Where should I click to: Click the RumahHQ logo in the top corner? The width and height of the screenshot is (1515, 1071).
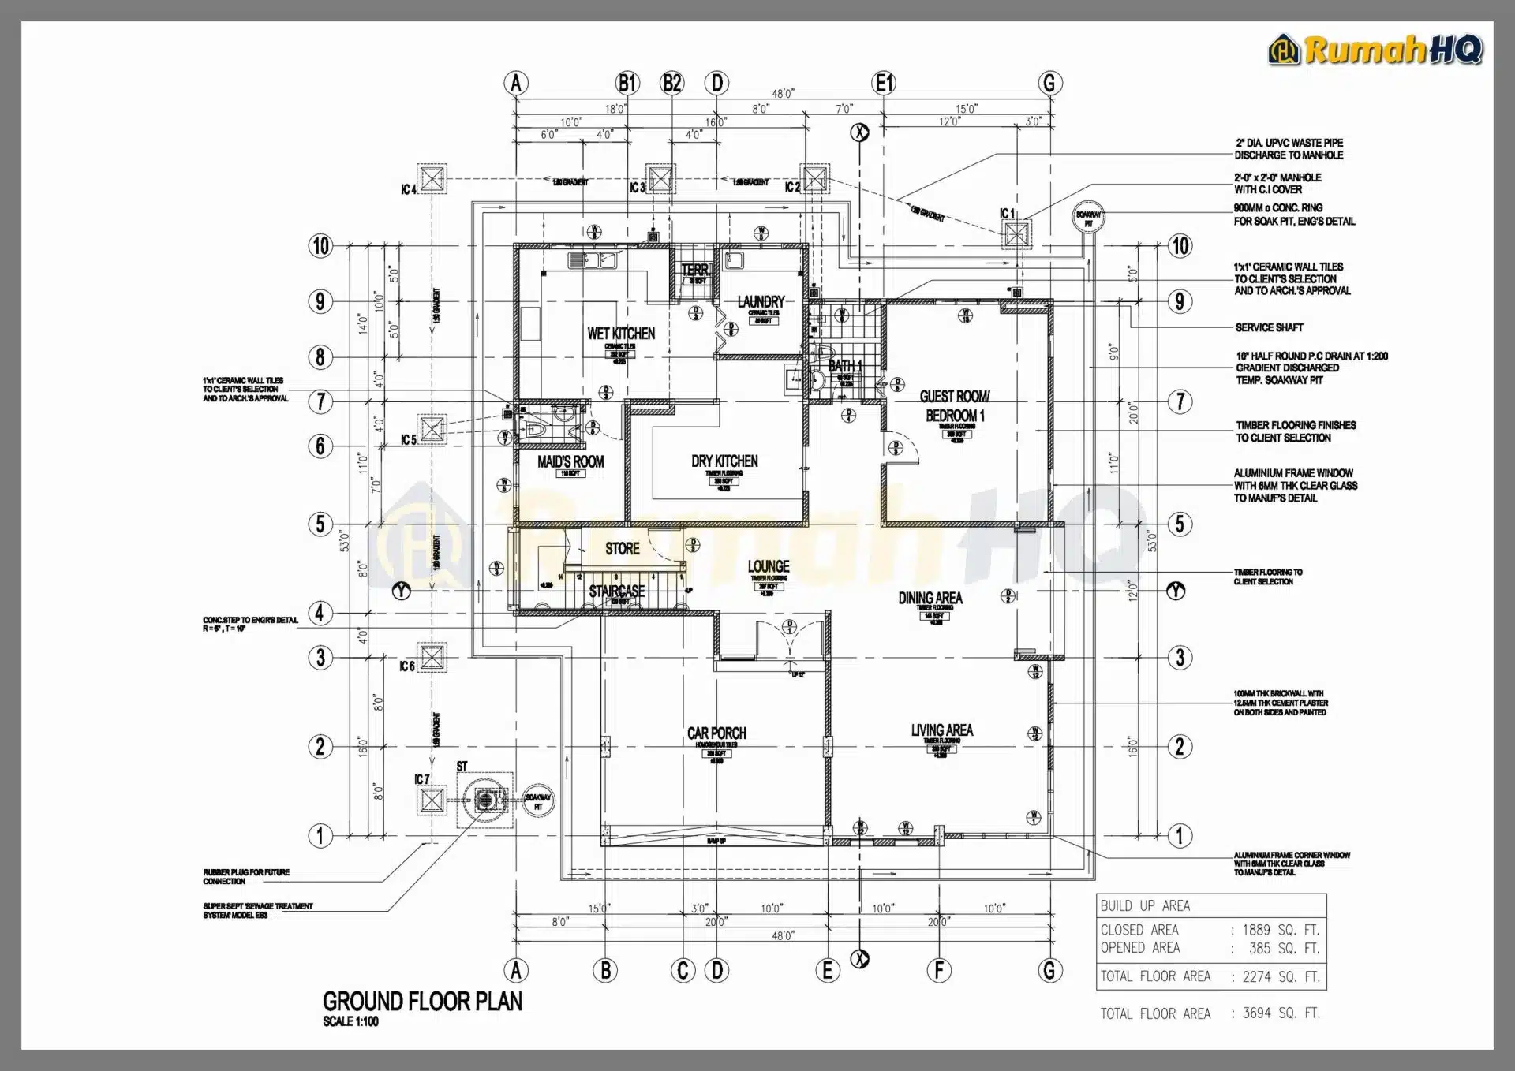(x=1375, y=50)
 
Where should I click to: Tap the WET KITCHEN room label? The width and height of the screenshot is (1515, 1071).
(x=621, y=334)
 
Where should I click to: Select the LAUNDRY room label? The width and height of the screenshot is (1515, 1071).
(x=761, y=301)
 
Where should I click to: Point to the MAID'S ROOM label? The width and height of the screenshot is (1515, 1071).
(x=570, y=461)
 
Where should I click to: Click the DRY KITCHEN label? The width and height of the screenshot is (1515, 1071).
(x=724, y=461)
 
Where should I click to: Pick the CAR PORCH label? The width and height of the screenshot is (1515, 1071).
(x=716, y=733)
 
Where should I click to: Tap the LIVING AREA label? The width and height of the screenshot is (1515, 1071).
(x=941, y=730)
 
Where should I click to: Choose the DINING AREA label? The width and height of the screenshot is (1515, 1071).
(x=930, y=598)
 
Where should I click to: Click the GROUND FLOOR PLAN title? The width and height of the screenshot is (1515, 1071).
(x=422, y=1002)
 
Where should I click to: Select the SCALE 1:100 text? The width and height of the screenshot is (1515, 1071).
(x=350, y=1021)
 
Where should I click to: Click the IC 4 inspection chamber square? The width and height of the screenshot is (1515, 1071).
(x=432, y=179)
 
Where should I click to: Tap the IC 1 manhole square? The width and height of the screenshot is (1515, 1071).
(x=1016, y=233)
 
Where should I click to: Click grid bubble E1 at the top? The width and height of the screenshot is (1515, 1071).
(x=884, y=83)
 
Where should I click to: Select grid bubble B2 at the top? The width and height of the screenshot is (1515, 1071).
(x=672, y=83)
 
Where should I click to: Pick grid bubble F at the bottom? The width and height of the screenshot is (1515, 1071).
(x=939, y=970)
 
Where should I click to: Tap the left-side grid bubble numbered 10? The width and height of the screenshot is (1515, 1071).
(x=320, y=246)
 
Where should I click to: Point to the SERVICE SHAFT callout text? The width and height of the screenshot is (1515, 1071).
(x=1269, y=327)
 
